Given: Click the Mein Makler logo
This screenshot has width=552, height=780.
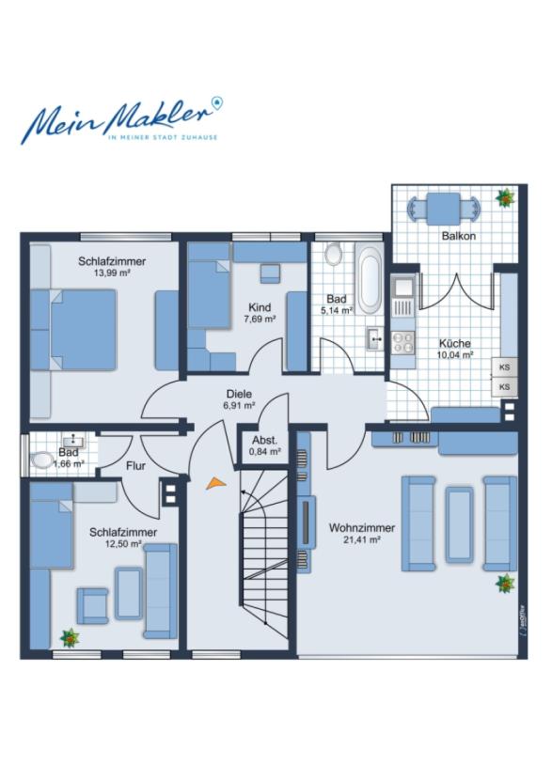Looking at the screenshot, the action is point(122,119).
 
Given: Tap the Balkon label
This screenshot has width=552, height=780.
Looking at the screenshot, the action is point(458,236).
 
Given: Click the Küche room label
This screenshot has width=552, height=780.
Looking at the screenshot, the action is point(455,343).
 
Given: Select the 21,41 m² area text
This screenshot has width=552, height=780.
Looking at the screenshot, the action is point(362,539).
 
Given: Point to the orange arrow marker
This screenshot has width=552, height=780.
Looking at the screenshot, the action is point(215,483).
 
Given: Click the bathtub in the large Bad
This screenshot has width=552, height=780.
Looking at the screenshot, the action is point(370,278).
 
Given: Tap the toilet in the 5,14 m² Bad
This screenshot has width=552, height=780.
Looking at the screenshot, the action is point(333,254).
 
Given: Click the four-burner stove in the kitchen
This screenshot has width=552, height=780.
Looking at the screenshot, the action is point(402,343).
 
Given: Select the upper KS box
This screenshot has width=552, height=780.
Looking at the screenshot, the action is point(505,367).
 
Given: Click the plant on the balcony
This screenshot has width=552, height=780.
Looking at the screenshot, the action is point(505,197).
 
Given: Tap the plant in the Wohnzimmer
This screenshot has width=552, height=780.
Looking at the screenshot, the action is point(506,583).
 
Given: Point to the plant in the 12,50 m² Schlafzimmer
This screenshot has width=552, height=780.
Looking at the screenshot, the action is point(70,638).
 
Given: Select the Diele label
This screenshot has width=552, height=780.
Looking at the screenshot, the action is point(239,394).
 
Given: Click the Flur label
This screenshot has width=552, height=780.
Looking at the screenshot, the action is point(135,466).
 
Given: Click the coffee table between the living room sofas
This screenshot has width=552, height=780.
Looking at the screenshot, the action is point(458,524).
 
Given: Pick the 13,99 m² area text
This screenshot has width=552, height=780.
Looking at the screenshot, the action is point(112,273).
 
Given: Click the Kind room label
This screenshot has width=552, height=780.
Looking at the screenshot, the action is point(260,307).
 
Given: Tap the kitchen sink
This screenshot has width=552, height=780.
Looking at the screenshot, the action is point(402,288).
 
